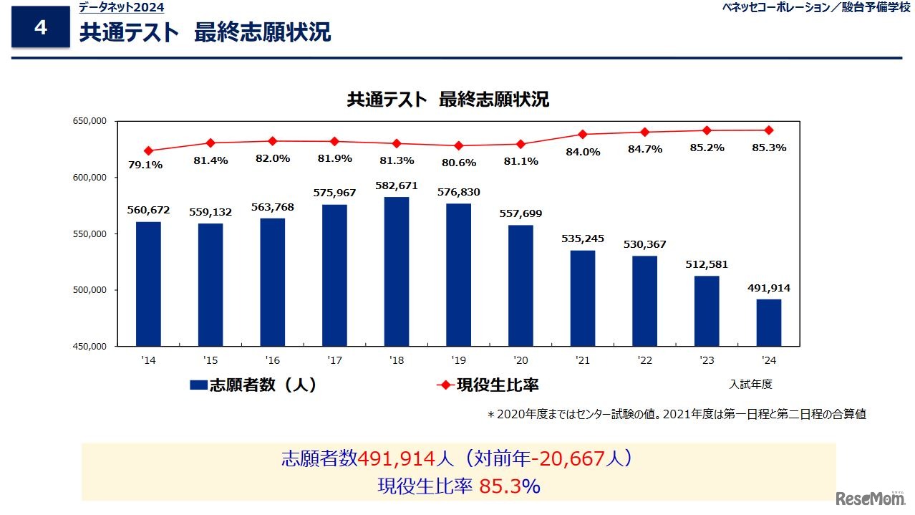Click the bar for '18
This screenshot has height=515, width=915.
(x=397, y=271)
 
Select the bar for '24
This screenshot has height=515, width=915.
(x=769, y=322)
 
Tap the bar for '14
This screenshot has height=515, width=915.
(x=148, y=284)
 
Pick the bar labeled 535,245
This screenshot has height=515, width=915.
(x=583, y=298)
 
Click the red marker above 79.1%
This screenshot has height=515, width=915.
(x=148, y=151)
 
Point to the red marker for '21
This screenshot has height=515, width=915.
(x=583, y=135)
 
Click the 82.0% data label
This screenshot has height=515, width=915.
(x=272, y=158)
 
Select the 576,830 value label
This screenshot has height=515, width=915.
(x=458, y=192)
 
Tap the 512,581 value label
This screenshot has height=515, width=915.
(x=707, y=264)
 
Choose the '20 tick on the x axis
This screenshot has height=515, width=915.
(x=521, y=360)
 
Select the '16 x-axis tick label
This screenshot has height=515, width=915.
(x=272, y=360)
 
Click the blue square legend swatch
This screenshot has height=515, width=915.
(x=198, y=385)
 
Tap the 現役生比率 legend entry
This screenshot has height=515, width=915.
(x=497, y=385)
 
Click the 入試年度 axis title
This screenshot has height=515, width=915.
(x=751, y=385)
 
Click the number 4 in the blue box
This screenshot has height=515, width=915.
(x=41, y=28)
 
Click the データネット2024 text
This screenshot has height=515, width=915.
(x=121, y=8)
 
